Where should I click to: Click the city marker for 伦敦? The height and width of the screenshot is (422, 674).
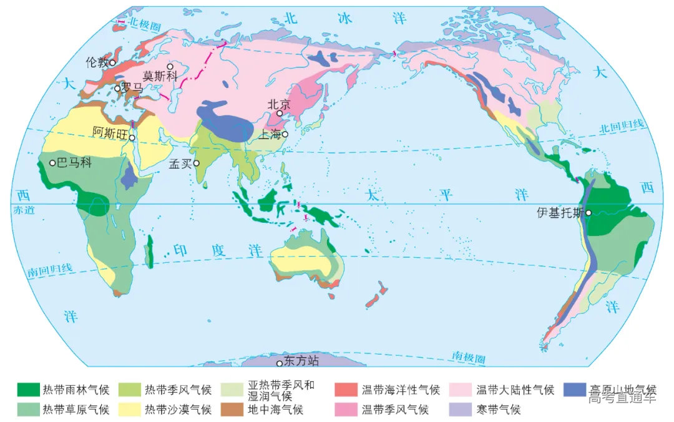[112, 62]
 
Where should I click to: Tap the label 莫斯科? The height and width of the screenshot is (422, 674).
[160, 76]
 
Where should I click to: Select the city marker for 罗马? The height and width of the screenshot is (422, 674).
[117, 89]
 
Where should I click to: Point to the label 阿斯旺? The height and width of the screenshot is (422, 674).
[110, 131]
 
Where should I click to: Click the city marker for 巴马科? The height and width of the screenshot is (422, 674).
[52, 163]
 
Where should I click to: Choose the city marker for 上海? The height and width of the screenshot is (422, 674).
[285, 134]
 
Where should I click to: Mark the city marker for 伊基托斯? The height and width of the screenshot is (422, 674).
[589, 212]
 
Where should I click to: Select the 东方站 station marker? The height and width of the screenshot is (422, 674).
[280, 363]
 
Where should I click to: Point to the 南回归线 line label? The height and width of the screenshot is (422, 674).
[50, 270]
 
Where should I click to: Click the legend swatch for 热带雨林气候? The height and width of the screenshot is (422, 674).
[27, 390]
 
